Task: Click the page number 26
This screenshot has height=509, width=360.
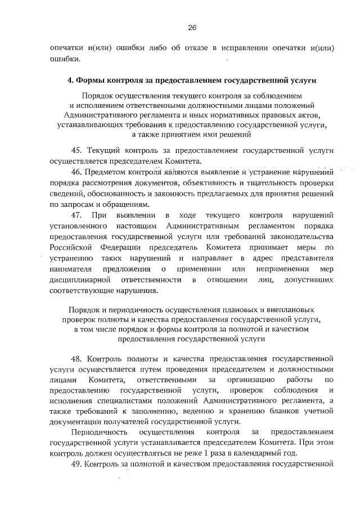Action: point(192,27)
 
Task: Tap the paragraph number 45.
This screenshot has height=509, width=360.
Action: point(77,150)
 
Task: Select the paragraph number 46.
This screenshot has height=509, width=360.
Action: point(77,172)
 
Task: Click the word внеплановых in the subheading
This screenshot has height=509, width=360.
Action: point(292,310)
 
